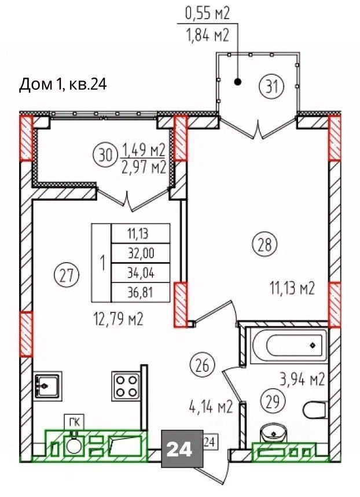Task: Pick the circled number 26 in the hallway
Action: [x=203, y=365]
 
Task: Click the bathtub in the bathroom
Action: [x=288, y=346]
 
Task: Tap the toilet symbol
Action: [x=315, y=410]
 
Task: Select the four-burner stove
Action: [x=126, y=385]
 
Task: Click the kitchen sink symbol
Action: [x=47, y=385]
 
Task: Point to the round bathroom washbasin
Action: [x=273, y=433]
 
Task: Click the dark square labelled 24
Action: [x=182, y=448]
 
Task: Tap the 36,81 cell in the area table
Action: [x=141, y=292]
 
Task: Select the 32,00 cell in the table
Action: [x=141, y=253]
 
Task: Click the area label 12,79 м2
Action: [x=119, y=319]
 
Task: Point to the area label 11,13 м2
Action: [x=292, y=289]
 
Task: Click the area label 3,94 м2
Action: [x=302, y=380]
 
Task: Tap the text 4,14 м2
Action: [x=211, y=407]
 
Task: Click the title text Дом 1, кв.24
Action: [x=63, y=84]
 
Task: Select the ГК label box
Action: [x=75, y=422]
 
